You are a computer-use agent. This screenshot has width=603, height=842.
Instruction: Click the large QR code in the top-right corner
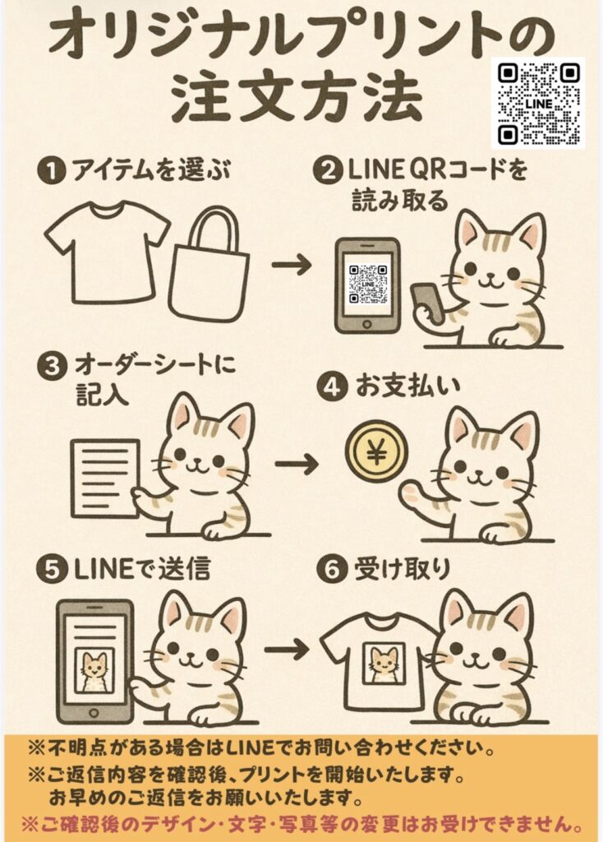[538, 104]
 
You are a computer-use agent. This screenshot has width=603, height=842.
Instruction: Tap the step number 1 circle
[51, 172]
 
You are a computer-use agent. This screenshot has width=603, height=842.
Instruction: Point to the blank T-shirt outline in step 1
[107, 252]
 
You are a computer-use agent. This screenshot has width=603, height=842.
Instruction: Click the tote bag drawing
[209, 264]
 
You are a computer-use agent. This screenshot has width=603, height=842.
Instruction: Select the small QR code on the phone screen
[368, 284]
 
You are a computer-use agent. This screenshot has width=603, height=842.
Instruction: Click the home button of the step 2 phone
[367, 325]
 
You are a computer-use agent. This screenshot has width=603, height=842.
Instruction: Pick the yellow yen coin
[377, 454]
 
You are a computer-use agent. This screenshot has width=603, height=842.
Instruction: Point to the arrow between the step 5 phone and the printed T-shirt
[287, 650]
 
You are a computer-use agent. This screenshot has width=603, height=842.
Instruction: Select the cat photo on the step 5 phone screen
[94, 669]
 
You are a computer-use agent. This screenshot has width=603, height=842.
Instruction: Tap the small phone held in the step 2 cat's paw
[427, 302]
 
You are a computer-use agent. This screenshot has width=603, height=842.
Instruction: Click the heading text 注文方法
[296, 99]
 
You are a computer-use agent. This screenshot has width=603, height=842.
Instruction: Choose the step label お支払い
[407, 387]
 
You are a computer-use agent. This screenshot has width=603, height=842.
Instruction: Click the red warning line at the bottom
[302, 822]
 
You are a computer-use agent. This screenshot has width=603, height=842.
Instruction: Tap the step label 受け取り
[402, 569]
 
